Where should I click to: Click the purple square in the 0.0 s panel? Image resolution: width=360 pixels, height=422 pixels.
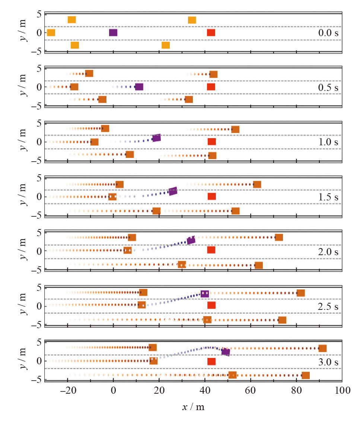113,32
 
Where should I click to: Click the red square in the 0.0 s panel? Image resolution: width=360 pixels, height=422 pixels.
211,32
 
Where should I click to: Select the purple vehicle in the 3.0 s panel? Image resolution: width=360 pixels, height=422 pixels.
226,352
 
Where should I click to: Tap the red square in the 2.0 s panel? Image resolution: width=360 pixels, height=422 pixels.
211,250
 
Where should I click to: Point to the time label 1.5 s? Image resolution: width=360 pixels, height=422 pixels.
328,196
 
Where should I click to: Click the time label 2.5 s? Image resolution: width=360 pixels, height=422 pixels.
328,307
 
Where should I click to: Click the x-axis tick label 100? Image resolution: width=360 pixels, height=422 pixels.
342,391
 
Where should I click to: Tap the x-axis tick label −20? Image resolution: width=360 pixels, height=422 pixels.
67,391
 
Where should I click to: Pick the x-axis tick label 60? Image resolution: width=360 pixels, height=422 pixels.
251,391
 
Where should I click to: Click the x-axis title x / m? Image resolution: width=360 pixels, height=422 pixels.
193,407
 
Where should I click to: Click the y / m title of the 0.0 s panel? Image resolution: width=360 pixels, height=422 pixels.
24,32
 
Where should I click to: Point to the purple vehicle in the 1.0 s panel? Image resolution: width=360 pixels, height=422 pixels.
156,138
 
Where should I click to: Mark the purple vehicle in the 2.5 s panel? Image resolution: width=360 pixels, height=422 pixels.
205,294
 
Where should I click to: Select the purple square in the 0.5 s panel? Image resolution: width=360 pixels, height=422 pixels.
139,87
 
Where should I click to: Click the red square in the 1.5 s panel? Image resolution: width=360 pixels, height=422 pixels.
211,196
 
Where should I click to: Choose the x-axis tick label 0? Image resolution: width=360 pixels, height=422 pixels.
113,391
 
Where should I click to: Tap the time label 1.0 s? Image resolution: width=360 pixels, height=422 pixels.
328,142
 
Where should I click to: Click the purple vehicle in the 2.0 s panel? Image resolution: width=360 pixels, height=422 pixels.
191,240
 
